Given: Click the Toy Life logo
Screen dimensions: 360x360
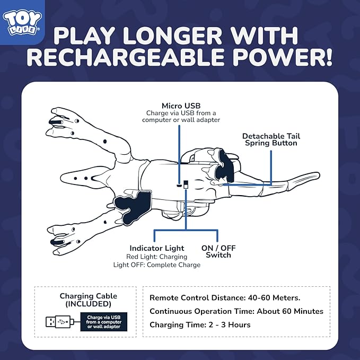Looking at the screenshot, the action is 22,22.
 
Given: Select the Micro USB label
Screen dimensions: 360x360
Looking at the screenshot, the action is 181,106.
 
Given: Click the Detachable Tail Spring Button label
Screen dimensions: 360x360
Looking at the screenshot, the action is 271,139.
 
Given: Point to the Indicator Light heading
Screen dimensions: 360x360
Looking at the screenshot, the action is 157,248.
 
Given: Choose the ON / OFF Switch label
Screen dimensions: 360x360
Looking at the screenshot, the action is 218,251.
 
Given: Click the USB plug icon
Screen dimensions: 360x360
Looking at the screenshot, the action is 60,322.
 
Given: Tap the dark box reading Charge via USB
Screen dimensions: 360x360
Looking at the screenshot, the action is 104,322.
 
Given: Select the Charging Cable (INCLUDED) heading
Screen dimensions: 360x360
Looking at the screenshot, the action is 88,300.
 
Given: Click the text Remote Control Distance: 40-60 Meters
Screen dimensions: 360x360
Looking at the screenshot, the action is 225,298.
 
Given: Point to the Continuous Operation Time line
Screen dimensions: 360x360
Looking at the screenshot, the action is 236,311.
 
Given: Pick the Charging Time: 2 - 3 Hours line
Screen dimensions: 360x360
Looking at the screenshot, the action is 200,325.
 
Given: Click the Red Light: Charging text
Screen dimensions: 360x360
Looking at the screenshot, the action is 157,257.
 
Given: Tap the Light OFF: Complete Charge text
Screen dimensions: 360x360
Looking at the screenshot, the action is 157,265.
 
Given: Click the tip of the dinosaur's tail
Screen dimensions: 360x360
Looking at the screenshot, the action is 318,175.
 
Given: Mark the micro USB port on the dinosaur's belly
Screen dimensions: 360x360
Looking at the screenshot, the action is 179,185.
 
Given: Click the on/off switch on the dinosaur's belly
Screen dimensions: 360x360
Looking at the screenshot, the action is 186,185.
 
